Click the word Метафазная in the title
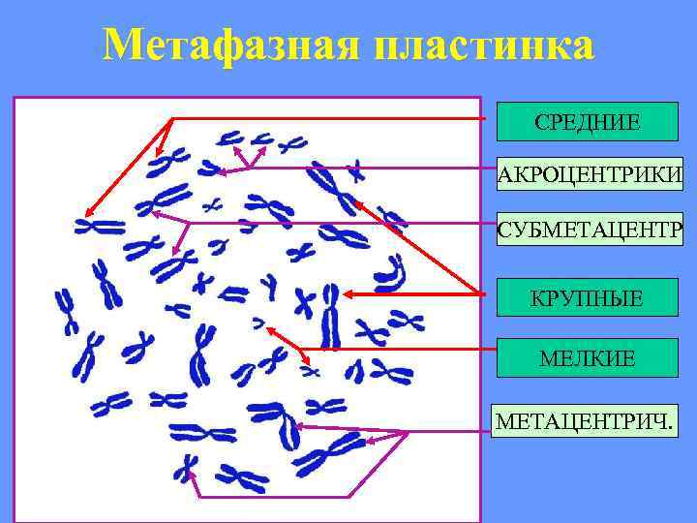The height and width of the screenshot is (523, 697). tap(228, 46)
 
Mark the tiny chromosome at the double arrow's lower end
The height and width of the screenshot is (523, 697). tap(311, 370)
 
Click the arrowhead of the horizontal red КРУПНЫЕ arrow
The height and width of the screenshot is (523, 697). tap(347, 293)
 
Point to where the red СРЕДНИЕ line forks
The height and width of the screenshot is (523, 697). tap(172, 118)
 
